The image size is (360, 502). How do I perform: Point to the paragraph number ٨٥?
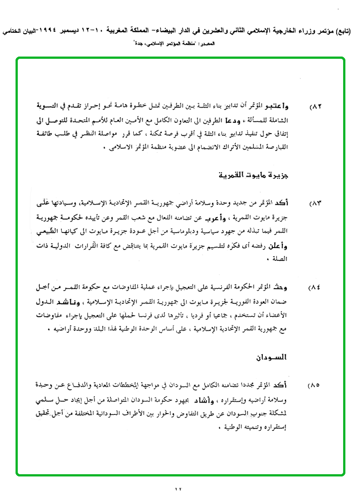coord(315,385)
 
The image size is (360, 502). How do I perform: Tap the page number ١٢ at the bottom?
coord(178,490)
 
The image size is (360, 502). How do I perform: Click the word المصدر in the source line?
coord(205,45)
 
